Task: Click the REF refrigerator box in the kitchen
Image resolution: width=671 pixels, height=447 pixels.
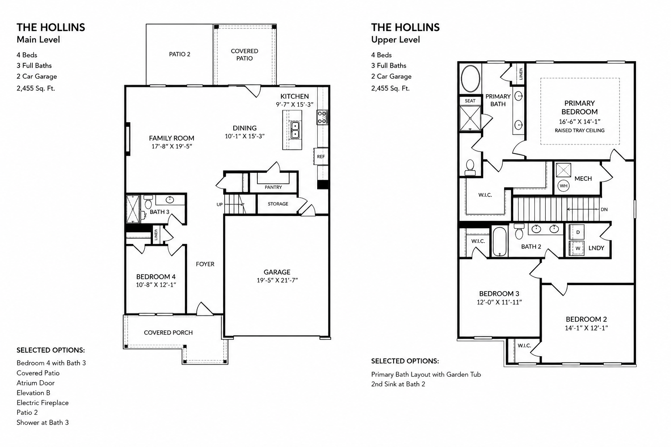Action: coord(321,156)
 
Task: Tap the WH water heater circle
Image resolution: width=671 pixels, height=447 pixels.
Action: coord(564,186)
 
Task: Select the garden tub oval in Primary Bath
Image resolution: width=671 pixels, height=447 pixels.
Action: coord(470,79)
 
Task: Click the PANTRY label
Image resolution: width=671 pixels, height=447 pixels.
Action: coord(273,187)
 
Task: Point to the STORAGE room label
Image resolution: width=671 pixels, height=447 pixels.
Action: coord(278,204)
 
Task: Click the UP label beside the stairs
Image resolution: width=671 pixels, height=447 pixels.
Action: coord(220,204)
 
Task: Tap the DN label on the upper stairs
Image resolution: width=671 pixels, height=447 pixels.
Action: coord(604,210)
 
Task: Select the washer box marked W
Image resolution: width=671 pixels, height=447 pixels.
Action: coord(577,248)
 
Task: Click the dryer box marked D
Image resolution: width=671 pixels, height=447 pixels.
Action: coord(577,232)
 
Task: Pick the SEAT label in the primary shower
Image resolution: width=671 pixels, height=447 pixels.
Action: coord(470,101)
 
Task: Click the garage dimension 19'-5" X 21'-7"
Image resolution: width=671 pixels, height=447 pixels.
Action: coord(277,281)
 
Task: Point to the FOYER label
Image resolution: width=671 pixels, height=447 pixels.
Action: coord(205,264)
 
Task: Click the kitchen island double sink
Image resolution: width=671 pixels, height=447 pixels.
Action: coord(295,130)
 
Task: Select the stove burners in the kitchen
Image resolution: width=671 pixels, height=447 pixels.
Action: coord(322,117)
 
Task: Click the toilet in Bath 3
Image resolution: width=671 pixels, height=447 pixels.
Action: coord(148,202)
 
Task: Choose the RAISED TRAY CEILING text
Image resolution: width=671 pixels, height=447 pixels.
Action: coord(579,131)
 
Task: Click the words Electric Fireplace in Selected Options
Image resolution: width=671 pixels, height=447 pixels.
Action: coord(42,402)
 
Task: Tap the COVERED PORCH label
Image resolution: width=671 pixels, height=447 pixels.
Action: coord(168,333)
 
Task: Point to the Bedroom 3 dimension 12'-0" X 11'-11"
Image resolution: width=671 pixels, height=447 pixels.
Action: coord(499,303)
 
